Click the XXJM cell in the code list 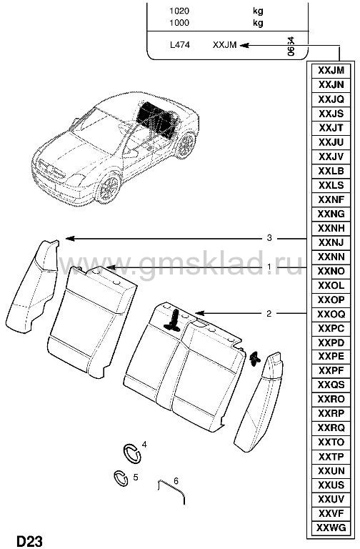331,70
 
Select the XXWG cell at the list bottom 331,528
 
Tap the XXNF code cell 331,199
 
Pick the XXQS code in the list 331,385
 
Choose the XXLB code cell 331,171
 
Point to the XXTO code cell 331,442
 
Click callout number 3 269,238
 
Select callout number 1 269,267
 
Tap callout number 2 269,313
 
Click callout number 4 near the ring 144,445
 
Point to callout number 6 176,481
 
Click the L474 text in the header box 179,45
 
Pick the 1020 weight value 179,11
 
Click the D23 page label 29,541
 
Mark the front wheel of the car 109,187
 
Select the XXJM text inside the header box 224,45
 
